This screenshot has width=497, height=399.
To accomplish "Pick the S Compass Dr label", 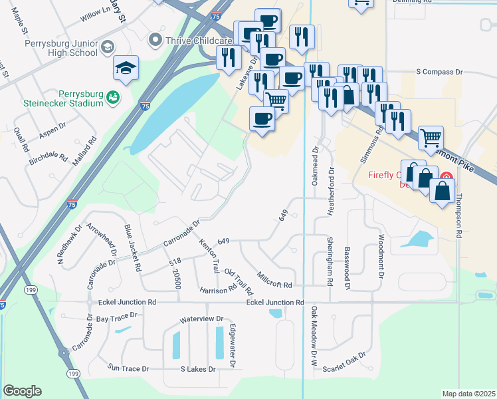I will coord(439,71).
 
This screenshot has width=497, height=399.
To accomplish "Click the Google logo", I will coord(22,390).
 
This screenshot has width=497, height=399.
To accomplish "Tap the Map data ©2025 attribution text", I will coord(468,394).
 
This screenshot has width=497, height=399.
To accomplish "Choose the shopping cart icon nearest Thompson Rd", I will coord(431,138).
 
